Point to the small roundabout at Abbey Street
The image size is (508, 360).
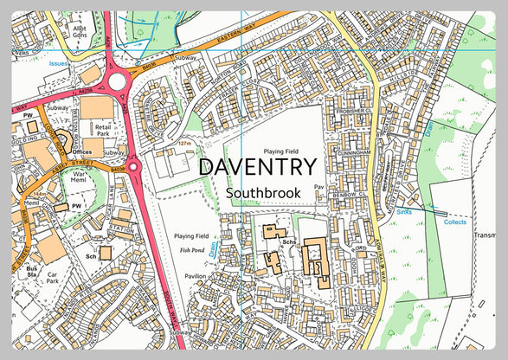click(x=133, y=165)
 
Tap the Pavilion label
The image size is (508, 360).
click(x=196, y=276)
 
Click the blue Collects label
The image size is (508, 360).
click(x=454, y=222)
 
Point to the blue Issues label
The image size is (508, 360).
click(x=58, y=64)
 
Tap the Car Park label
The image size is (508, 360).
click(x=53, y=277)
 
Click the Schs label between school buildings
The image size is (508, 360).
click(x=289, y=241)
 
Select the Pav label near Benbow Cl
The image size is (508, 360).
click(x=318, y=186)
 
